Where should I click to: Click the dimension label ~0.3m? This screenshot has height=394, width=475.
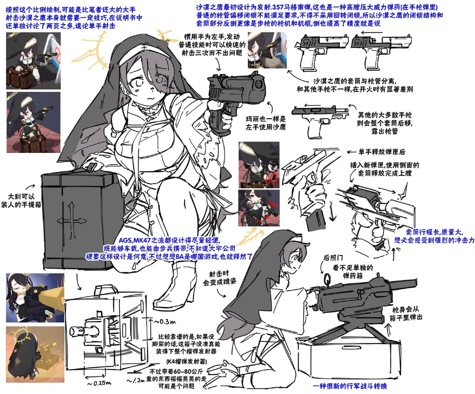click(165, 321)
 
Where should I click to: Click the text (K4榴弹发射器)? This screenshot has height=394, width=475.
click(186, 361)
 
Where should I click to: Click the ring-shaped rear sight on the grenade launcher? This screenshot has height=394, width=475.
click(327, 279)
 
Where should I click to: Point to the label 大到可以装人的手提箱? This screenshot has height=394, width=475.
click(21, 200)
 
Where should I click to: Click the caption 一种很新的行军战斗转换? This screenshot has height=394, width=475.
click(350, 386)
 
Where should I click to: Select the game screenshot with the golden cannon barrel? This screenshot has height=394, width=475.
click(35, 298)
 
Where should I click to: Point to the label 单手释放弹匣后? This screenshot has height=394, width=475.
click(381, 152)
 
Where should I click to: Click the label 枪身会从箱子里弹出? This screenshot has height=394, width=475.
click(406, 313)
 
